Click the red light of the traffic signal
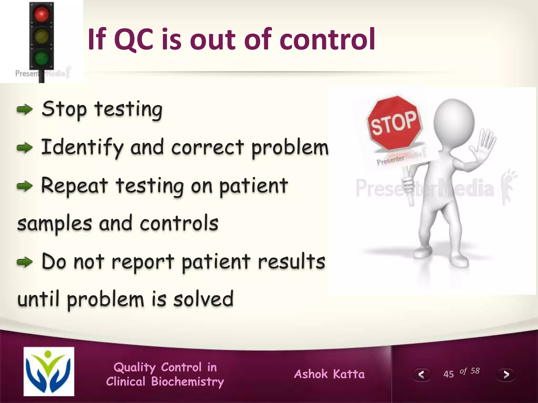pyautogui.click(x=42, y=14)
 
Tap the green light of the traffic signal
pyautogui.click(x=42, y=57)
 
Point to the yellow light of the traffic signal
pyautogui.click(x=42, y=36)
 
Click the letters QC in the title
pyautogui.click(x=134, y=39)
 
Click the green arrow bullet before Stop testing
pyautogui.click(x=24, y=109)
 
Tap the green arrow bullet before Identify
pyautogui.click(x=24, y=147)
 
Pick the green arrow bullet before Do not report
pyautogui.click(x=24, y=262)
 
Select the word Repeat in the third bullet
pyautogui.click(x=74, y=186)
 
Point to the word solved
pyautogui.click(x=203, y=299)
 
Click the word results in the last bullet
pyautogui.click(x=292, y=261)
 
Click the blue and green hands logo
pyautogui.click(x=49, y=371)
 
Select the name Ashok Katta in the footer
pyautogui.click(x=329, y=374)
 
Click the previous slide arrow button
pyautogui.click(x=421, y=374)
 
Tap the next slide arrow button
pyautogui.click(x=506, y=374)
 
